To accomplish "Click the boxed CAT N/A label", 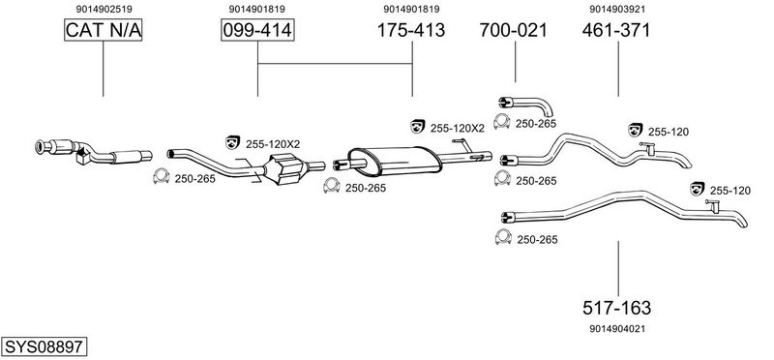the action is tap(104, 30).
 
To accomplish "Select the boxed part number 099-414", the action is tap(257, 30).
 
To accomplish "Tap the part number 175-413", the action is tap(410, 30).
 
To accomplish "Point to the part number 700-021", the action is tap(514, 30).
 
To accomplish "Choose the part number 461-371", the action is tap(616, 30).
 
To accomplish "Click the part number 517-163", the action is tap(616, 308).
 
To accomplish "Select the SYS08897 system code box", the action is tap(44, 346).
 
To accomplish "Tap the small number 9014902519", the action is tap(104, 9).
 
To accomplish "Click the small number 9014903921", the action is tap(617, 9).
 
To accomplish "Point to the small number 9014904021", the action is tap(617, 328).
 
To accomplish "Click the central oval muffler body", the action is tap(394, 160).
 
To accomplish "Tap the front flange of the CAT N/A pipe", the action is tap(41, 147).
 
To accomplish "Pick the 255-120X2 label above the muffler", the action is tap(457, 128).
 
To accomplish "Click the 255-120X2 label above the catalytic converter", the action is tap(273, 144).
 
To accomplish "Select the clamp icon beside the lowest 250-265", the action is tap(502, 237).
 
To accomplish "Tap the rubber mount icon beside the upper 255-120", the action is tap(636, 130).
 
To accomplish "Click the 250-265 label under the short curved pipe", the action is tap(536, 124).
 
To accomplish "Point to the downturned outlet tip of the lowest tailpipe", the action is tap(742, 224).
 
